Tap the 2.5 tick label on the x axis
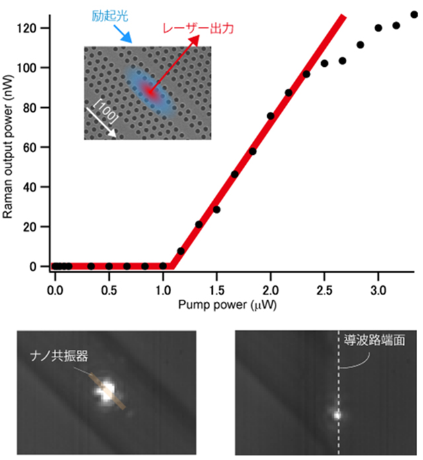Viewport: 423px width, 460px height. pos(324,291)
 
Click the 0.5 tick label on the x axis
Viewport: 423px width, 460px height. pos(109,291)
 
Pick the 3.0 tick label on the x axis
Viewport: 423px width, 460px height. pos(378,291)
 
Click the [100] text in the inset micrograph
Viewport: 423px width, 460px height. pos(106,109)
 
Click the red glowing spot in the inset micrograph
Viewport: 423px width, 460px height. pos(153,93)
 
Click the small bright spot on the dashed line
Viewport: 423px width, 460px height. pos(338,416)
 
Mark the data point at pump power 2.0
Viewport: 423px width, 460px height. pos(270,116)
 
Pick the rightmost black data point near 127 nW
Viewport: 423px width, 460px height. pos(414,14)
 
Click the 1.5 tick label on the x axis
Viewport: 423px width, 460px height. pos(217,291)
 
